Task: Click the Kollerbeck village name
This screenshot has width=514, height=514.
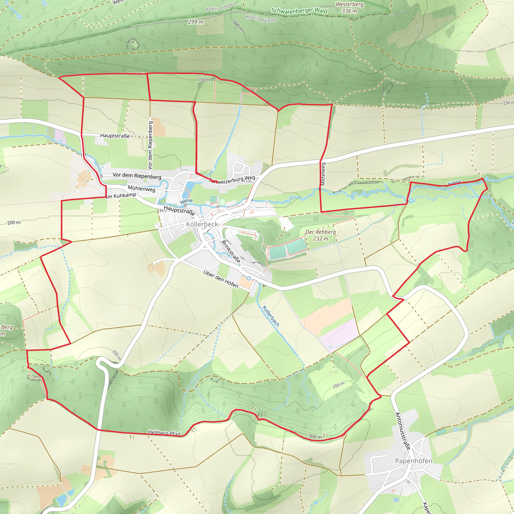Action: click(202, 224)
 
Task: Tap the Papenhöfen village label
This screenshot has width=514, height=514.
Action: click(413, 461)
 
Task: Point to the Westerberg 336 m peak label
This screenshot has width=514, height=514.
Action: click(349, 8)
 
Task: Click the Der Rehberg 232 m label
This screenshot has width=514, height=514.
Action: click(320, 235)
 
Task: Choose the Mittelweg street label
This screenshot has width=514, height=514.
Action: click(323, 174)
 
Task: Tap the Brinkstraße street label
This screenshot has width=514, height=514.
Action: click(231, 251)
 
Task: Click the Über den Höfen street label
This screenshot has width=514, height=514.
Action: click(221, 279)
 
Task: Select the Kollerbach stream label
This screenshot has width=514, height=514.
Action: click(271, 316)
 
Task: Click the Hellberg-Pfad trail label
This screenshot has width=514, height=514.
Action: click(164, 433)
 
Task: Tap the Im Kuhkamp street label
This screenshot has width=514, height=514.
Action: click(121, 196)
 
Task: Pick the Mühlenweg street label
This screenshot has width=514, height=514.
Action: click(141, 188)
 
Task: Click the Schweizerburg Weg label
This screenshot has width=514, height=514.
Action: click(232, 180)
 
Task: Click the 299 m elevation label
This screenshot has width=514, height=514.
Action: click(196, 22)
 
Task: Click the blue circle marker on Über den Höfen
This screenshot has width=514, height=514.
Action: click(249, 278)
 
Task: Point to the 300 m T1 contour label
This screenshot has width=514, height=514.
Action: click(318, 436)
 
